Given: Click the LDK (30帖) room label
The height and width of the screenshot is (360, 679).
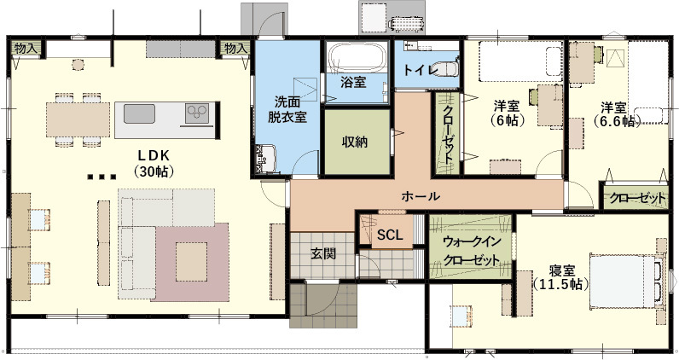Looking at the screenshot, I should tap(154, 162).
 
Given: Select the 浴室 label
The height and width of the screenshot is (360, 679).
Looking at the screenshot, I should tap(352, 82).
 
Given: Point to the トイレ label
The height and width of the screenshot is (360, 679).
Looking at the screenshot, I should tap(418, 68).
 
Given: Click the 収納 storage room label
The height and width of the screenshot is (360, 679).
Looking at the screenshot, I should tap(354, 142).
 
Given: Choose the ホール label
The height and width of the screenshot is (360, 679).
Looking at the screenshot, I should tap(420, 196).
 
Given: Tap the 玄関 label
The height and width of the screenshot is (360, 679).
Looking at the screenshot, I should tap(322, 253).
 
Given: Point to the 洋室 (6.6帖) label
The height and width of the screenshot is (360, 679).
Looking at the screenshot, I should tap(613, 114).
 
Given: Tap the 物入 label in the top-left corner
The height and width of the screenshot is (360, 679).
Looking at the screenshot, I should tap(26, 49).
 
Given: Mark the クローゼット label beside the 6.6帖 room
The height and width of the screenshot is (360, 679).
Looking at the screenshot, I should tap(637, 198).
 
